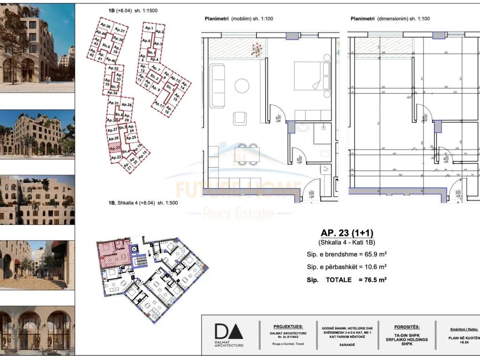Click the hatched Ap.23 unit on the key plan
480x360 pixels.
(x=114, y=148)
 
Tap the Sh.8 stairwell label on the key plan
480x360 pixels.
(x=106, y=46)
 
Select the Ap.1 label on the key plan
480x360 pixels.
(x=149, y=29)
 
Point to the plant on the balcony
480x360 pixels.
(x=257, y=49)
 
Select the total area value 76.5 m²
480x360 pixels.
(x=372, y=280)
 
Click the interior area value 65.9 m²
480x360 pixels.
(x=372, y=254)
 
